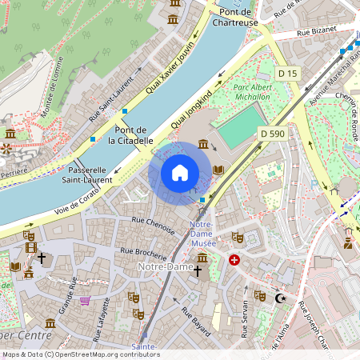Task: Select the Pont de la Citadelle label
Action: coord(134,135)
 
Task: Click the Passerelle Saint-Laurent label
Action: coord(87,175)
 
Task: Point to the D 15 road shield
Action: coord(288,74)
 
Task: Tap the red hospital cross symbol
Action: coord(234,260)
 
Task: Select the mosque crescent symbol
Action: coord(280,298)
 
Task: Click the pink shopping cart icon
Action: coord(85,302)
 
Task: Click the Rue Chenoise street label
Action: coord(150,224)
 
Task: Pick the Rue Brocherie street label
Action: coord(143,254)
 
